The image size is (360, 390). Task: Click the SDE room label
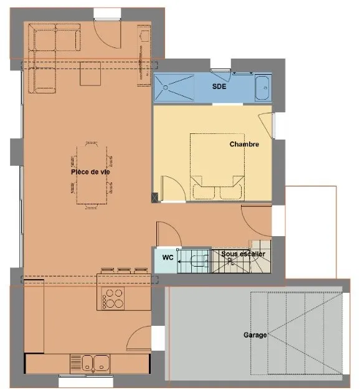tap(219, 87)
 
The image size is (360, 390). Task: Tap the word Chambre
tap(244, 145)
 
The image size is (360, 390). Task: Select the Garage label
tap(255, 335)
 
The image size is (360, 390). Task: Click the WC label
tap(168, 257)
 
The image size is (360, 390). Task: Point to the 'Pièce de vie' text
tap(90, 172)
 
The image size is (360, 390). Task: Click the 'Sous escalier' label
tap(243, 254)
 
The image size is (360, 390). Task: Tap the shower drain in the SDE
tap(165, 88)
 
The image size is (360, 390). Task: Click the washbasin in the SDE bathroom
tap(262, 88)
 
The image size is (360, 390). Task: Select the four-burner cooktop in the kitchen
tap(113, 298)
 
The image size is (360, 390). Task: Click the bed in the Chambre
tap(217, 167)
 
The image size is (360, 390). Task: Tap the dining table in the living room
tap(92, 175)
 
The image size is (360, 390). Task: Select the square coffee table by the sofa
tap(90, 74)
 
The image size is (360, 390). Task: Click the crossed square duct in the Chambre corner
tap(154, 197)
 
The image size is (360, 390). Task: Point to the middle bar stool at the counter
tap(124, 270)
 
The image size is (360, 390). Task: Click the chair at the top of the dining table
tap(91, 143)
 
